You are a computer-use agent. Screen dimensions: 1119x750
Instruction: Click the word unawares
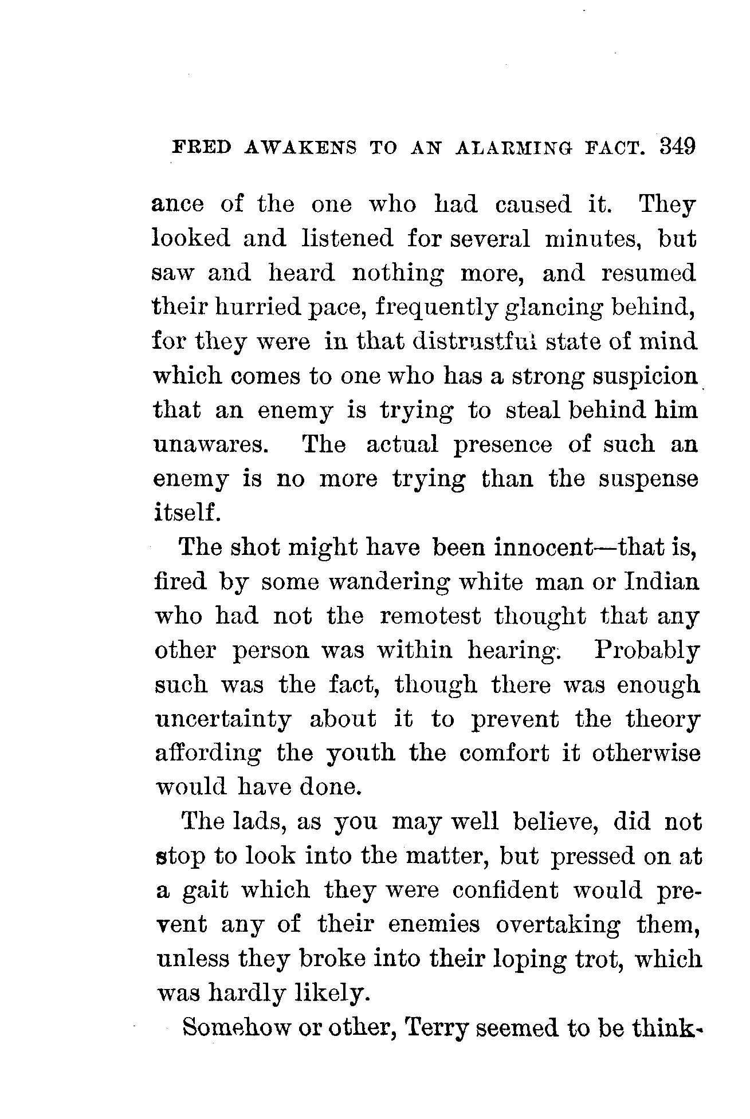pyautogui.click(x=211, y=445)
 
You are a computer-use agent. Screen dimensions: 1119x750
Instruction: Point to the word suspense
pyautogui.click(x=649, y=479)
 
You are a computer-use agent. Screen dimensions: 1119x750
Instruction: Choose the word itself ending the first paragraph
pyautogui.click(x=187, y=512)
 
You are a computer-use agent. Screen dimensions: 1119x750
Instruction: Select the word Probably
pyautogui.click(x=647, y=651)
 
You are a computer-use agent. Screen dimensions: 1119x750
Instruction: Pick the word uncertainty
pyautogui.click(x=223, y=719)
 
